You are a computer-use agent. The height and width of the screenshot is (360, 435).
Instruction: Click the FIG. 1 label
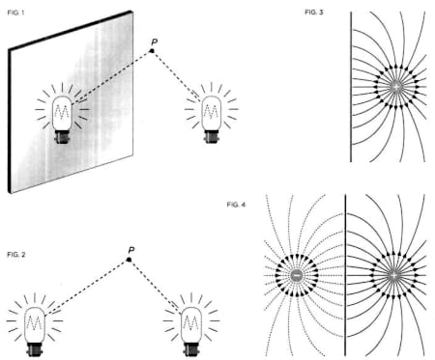15,13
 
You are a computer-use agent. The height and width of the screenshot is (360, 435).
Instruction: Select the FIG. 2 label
16,255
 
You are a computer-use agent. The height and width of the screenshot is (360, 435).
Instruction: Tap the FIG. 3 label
314,13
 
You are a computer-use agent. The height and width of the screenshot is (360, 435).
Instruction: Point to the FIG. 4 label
236,205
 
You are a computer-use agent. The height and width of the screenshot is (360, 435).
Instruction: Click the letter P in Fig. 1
155,42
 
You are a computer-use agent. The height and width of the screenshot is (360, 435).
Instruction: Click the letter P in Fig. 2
131,250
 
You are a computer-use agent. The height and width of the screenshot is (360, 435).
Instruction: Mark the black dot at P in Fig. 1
152,51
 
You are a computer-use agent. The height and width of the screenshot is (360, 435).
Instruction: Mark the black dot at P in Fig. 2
129,260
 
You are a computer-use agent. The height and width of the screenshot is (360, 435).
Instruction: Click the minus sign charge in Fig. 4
297,275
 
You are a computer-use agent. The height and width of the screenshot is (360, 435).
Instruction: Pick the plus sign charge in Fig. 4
393,275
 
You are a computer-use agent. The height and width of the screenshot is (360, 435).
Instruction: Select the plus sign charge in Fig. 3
396,87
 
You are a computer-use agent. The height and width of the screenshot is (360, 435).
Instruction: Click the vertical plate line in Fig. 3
351,87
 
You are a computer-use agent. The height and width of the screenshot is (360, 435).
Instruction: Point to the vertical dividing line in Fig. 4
345,275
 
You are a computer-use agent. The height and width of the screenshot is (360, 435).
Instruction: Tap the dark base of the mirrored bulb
62,136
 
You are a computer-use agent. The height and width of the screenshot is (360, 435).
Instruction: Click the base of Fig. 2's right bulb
191,349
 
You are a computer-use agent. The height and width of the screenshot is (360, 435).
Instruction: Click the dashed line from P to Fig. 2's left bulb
87,288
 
